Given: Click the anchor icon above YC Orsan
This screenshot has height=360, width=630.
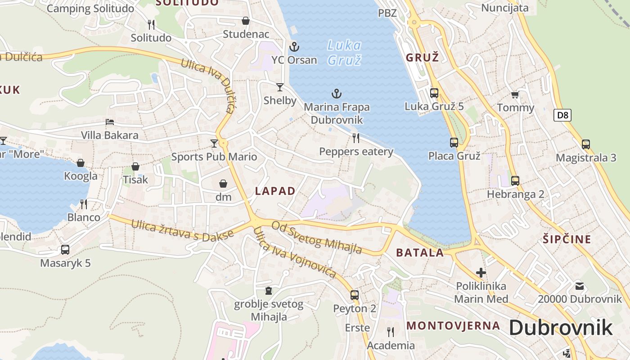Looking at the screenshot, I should tap(294, 46).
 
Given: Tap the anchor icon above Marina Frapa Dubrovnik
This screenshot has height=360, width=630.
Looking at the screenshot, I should tap(337, 94).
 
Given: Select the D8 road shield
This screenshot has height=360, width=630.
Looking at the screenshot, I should tap(562, 115).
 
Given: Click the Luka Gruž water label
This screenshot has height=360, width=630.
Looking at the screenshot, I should tap(344, 53).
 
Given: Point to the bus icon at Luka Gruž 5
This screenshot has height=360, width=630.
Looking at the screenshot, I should tap(434, 93).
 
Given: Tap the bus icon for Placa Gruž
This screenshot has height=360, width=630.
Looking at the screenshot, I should tap(454, 143).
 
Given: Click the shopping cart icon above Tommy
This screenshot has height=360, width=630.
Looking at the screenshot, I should tap(515, 94).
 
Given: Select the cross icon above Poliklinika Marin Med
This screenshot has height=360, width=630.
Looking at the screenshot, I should tap(481, 272).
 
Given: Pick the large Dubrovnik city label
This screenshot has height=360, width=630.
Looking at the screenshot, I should tap(561, 328).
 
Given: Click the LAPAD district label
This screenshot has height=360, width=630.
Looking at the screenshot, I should tap(275, 191).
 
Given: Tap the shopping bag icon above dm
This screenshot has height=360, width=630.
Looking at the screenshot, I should tap(223, 184).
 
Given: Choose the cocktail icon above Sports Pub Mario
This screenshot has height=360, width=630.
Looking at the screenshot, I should tap(214, 144).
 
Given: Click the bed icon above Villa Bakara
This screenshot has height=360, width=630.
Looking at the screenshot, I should tap(110, 122).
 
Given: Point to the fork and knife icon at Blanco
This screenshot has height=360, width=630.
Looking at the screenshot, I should tap(84, 204).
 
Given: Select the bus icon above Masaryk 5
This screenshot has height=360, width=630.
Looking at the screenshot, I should tap(65, 250).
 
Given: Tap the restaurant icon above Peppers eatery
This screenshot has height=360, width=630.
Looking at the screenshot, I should tap(356, 138).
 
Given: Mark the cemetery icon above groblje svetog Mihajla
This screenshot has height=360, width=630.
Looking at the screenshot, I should tap(269, 291).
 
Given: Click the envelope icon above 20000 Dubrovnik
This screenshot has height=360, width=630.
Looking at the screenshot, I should tap(580, 286).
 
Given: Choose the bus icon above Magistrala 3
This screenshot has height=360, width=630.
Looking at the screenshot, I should tap(586, 144).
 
